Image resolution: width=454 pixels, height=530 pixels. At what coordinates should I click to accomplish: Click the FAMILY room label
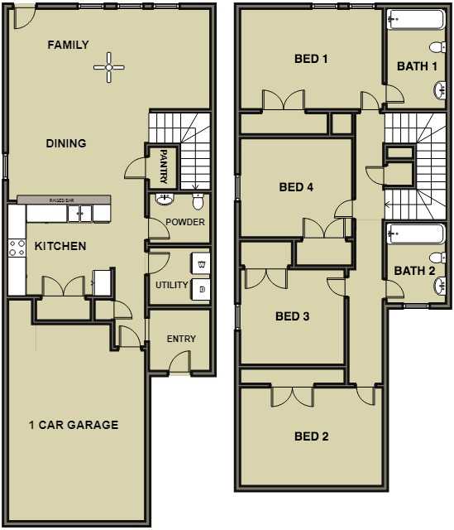68,45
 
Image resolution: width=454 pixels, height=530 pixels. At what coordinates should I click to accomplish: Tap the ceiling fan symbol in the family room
108,67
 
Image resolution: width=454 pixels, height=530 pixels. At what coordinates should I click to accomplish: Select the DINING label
66,143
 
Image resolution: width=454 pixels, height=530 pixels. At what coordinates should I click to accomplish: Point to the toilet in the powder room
198,201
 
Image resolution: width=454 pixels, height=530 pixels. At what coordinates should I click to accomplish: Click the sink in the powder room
164,200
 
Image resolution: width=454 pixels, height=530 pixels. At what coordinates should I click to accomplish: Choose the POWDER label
184,222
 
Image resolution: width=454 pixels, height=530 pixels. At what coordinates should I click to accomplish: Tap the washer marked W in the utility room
202,264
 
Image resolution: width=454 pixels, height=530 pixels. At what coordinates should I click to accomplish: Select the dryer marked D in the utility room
202,288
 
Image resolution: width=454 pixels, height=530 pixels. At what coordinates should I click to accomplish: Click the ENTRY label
181,339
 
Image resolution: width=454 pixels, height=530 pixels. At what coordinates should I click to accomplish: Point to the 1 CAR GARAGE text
74,425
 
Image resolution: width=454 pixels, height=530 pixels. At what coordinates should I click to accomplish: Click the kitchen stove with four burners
16,247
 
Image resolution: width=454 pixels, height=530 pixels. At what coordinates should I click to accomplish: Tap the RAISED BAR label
62,200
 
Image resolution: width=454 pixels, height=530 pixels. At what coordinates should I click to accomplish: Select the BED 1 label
312,59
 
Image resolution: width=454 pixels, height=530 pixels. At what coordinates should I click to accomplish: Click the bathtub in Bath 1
415,19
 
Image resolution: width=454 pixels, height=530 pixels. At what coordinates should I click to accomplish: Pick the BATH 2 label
414,271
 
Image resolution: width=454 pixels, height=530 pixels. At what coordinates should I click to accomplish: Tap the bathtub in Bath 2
415,235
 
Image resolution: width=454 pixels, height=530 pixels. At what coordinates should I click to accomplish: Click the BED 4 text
296,187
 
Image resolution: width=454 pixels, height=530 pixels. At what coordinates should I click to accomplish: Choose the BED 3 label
292,316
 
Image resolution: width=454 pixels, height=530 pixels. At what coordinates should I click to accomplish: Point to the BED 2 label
312,436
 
